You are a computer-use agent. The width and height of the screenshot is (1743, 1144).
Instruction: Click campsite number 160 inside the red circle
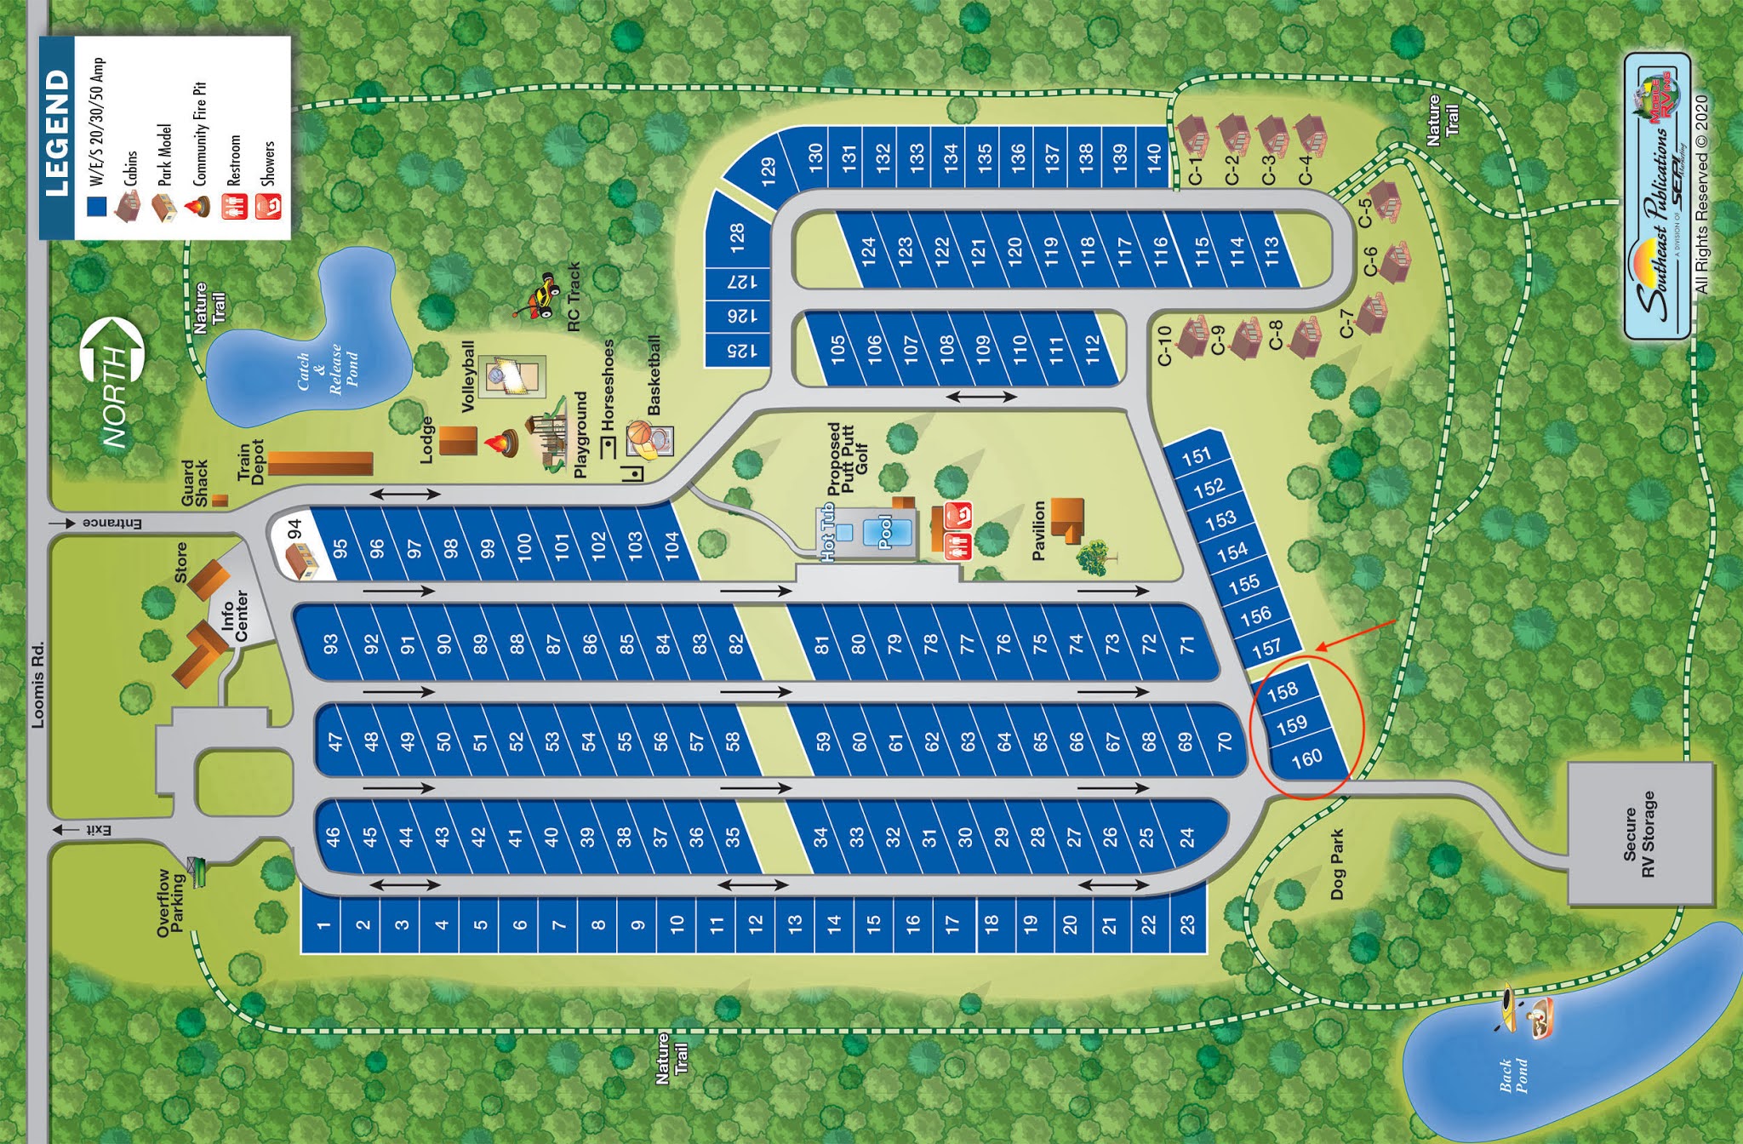pos(1306,758)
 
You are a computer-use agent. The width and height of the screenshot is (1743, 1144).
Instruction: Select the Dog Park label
pos(1337,864)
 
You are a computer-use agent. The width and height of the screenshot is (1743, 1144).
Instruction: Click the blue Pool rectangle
pos(885,532)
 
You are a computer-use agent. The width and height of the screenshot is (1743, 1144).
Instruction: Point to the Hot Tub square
pos(844,532)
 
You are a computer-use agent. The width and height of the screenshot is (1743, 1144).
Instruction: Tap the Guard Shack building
pos(220,500)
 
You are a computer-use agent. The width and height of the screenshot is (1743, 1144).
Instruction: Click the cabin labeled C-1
pos(1193,134)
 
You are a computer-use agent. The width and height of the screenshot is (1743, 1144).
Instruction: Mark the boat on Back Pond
pos(1541,1018)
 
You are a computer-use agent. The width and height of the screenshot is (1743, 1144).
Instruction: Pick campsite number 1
pos(323,924)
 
